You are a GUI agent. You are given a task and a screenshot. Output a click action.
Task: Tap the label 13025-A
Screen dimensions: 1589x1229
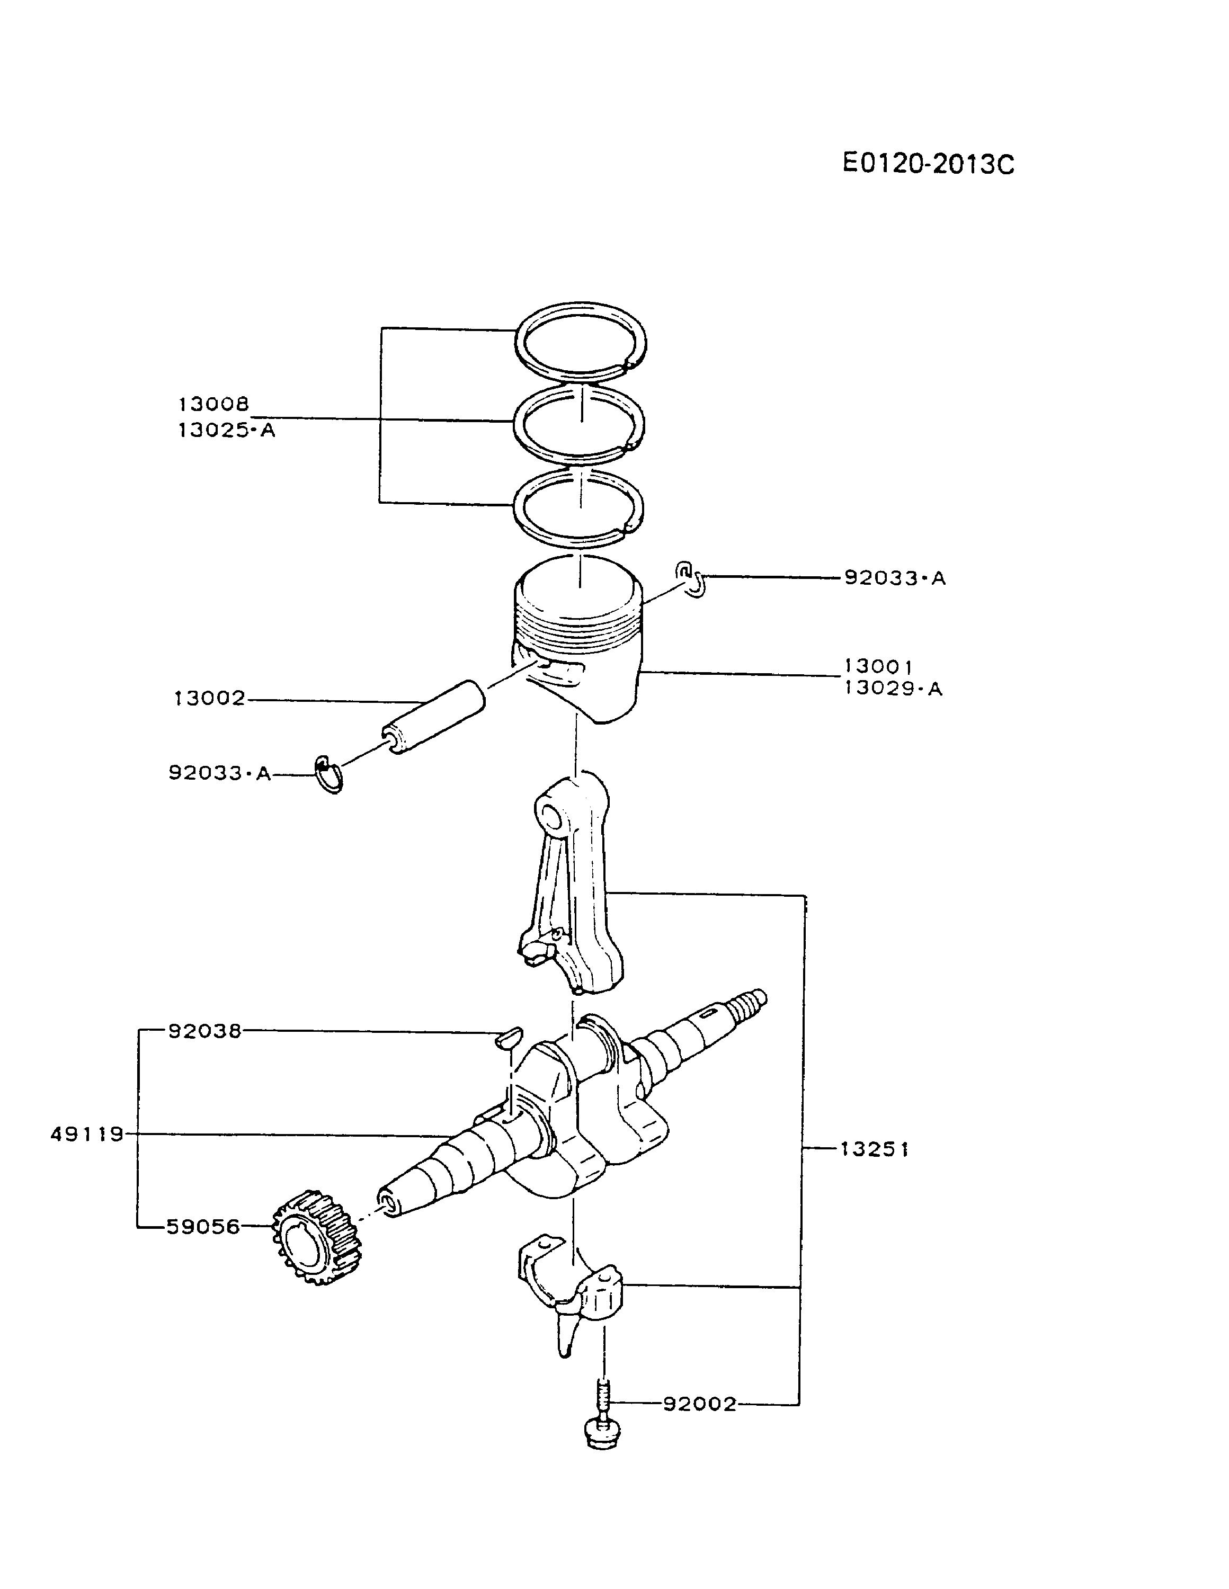tap(226, 430)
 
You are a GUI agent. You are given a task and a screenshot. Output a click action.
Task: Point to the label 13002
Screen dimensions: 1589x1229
tap(210, 699)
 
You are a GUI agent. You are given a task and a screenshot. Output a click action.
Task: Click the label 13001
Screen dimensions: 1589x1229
tap(878, 666)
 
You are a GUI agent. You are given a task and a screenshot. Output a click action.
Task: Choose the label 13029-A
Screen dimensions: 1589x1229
tap(893, 688)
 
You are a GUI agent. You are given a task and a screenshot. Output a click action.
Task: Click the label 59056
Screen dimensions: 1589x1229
tap(203, 1227)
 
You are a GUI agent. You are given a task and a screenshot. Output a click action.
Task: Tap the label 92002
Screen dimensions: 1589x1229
tap(699, 1404)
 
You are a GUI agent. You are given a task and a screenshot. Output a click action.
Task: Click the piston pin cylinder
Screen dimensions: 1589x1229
tap(435, 717)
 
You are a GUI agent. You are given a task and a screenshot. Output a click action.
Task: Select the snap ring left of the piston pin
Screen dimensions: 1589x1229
tap(329, 775)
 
